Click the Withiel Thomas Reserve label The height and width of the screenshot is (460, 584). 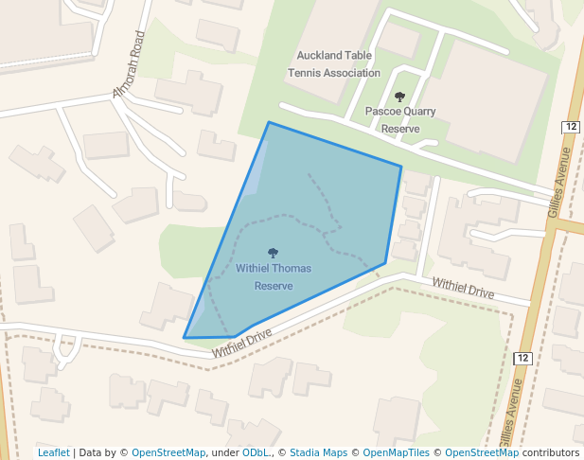tap(274, 276)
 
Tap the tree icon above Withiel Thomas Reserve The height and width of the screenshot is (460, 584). tap(274, 254)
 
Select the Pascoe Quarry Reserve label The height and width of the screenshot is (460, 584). tap(400, 119)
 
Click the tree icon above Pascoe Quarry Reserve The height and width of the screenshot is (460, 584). tap(400, 96)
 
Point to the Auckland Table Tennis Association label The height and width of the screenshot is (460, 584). tap(338, 63)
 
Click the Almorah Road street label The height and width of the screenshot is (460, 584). tap(130, 65)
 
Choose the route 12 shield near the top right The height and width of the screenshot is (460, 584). tap(570, 127)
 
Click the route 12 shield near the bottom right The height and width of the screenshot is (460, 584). tap(523, 358)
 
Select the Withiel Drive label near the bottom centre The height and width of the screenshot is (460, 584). tap(241, 343)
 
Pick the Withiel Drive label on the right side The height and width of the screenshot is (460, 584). tap(463, 289)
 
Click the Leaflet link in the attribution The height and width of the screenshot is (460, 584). tap(53, 452)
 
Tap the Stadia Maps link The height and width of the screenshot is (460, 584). tap(318, 452)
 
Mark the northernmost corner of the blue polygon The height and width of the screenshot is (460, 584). tap(269, 122)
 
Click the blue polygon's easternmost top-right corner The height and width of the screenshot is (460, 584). tap(401, 168)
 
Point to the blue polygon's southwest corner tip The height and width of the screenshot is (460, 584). tap(185, 337)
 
